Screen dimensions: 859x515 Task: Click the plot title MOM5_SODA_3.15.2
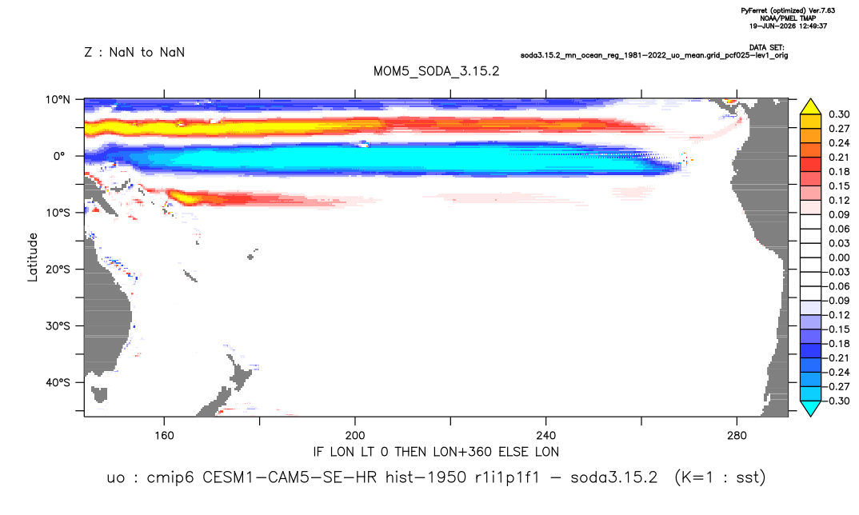[436, 71]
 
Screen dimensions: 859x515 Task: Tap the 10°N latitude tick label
[58, 100]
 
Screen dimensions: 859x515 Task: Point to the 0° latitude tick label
[59, 156]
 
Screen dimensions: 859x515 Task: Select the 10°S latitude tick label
[58, 213]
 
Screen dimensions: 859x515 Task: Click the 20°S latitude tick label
[58, 269]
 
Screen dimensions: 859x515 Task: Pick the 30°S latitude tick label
[58, 325]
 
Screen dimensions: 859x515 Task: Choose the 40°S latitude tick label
[58, 382]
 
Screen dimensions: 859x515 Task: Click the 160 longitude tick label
[164, 436]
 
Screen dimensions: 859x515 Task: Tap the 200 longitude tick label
[355, 436]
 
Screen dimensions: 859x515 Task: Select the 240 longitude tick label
[545, 436]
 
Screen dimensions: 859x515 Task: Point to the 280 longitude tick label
[737, 436]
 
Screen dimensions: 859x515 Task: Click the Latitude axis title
[32, 257]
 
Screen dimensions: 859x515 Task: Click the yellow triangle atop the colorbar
[810, 106]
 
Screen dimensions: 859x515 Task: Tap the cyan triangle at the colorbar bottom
[810, 408]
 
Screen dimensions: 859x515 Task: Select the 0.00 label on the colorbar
[839, 257]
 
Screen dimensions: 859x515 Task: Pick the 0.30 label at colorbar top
[839, 114]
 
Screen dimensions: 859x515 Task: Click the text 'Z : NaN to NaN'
[134, 53]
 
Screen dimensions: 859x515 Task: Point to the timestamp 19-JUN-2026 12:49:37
[788, 26]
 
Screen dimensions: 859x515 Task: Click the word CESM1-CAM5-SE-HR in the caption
[290, 477]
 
